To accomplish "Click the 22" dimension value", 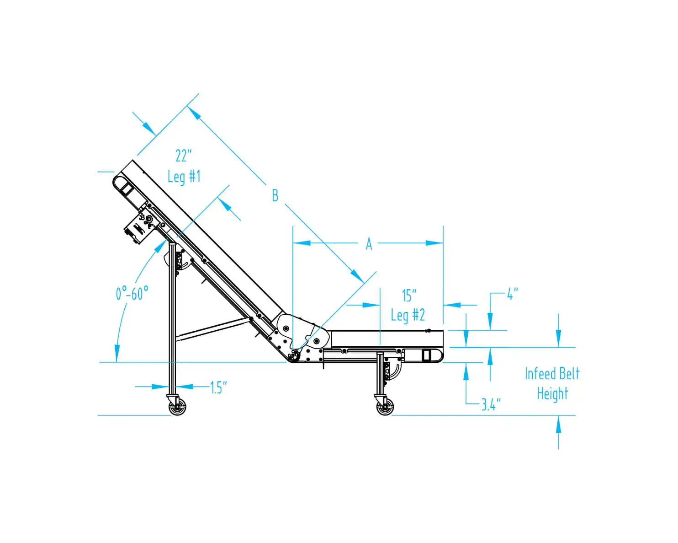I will pos(184,156).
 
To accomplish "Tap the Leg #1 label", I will pos(184,177).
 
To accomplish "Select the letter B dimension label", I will pos(275,196).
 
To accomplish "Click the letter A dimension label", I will pos(369,244).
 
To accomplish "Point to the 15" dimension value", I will pos(409,296).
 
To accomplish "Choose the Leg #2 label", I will pos(408,315).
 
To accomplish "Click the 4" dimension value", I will pos(513,294).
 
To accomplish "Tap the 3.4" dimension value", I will pos(491,404).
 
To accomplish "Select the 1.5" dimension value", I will pos(218,387).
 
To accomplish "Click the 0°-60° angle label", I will pos(132,293).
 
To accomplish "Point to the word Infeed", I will pos(539,374).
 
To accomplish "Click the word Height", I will pos(552,393).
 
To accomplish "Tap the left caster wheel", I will pos(178,407).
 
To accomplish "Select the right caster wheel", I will pos(385,407).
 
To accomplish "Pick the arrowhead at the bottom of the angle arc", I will pos(117,353).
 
